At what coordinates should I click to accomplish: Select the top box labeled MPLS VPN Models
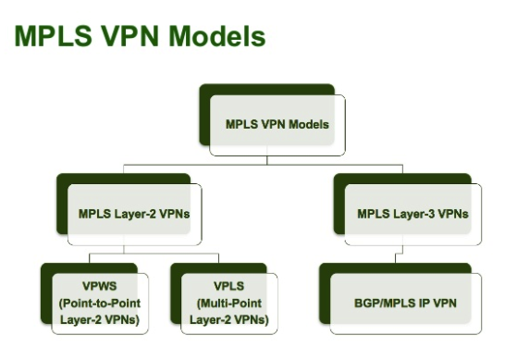coord(277,124)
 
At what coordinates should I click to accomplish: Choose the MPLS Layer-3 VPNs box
coord(412,214)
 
